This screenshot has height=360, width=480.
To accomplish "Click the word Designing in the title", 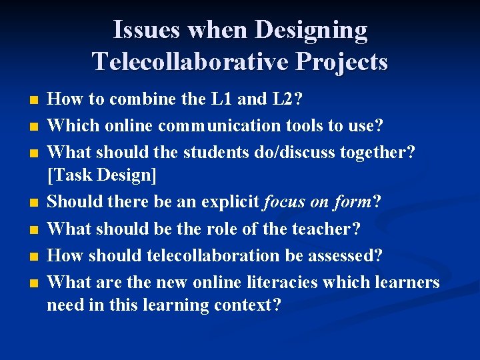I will tap(311, 31).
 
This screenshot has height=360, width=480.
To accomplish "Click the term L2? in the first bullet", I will tap(288, 100).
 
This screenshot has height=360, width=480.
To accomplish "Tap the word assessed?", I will tap(354, 255).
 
